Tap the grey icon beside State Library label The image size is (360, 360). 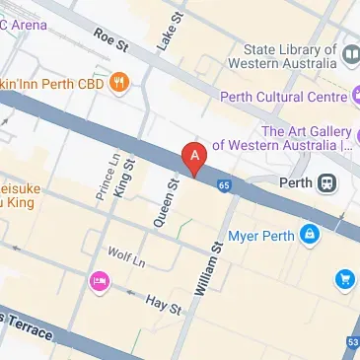(x=351, y=50)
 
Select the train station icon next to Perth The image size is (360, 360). (x=326, y=182)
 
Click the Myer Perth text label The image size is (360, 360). (x=260, y=236)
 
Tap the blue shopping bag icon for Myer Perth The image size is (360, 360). (x=310, y=235)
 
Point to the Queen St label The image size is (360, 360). (x=165, y=203)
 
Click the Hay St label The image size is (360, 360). (x=164, y=303)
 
